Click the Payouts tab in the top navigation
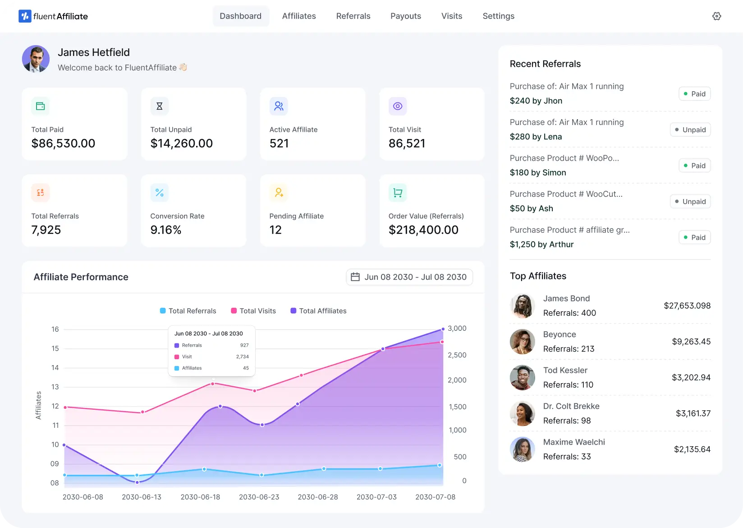(x=405, y=16)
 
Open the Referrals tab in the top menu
(x=353, y=16)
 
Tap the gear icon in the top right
(x=716, y=16)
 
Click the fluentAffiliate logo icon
(x=25, y=16)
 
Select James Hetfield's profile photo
(x=36, y=59)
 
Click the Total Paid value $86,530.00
(x=63, y=144)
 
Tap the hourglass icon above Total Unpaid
(x=159, y=106)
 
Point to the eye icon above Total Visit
(x=398, y=106)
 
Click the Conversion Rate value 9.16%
(x=166, y=230)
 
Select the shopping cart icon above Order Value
(x=398, y=193)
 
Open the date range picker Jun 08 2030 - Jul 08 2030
(x=409, y=277)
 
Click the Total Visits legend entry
(x=253, y=311)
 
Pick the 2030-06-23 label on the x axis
(x=259, y=497)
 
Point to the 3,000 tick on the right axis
(x=457, y=329)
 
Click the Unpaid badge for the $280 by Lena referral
(x=690, y=130)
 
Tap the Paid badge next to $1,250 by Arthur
(x=694, y=237)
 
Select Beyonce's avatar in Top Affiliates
(x=522, y=342)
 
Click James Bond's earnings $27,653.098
(x=687, y=306)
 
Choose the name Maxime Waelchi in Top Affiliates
(x=574, y=442)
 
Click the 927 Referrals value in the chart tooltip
(x=244, y=345)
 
